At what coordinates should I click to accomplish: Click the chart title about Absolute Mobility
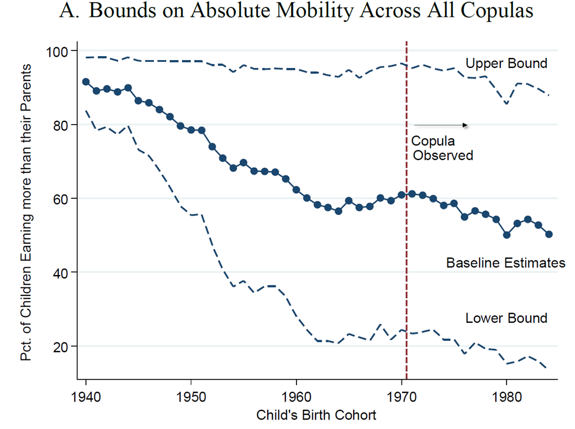click(x=296, y=12)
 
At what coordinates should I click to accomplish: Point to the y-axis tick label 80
click(x=59, y=125)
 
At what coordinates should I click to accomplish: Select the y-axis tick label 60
click(x=59, y=199)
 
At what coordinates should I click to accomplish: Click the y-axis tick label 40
click(x=59, y=272)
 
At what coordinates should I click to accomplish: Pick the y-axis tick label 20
click(x=59, y=346)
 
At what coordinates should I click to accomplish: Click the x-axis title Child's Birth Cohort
click(x=316, y=416)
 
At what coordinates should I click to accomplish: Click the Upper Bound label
click(x=506, y=63)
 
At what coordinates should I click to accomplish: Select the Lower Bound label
click(x=506, y=318)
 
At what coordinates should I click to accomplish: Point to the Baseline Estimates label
click(x=505, y=262)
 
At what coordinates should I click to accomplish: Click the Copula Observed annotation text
click(x=442, y=148)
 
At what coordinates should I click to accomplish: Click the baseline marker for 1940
click(x=86, y=82)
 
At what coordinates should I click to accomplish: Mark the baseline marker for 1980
click(x=506, y=235)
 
